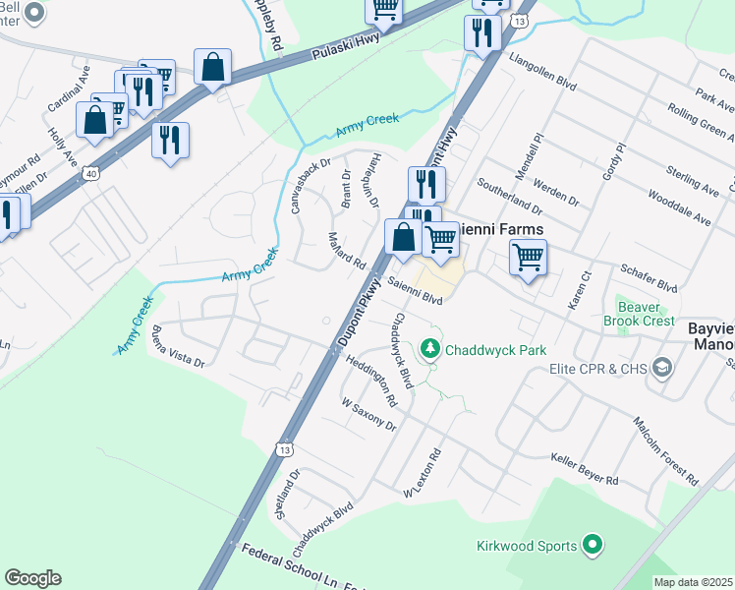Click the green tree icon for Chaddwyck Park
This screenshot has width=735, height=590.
click(x=429, y=349)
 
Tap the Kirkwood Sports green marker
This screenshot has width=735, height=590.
click(x=592, y=544)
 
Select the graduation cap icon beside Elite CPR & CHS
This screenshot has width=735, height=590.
click(x=663, y=369)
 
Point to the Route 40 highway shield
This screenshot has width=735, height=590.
click(x=90, y=173)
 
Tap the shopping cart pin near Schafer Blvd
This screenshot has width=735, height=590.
click(x=529, y=258)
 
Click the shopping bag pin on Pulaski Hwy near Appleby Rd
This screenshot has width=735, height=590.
click(x=212, y=68)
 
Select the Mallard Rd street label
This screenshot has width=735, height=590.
click(x=346, y=253)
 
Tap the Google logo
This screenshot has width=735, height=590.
click(x=32, y=578)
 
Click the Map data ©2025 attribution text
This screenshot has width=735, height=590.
click(x=692, y=582)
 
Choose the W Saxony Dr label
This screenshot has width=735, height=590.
click(x=367, y=414)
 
